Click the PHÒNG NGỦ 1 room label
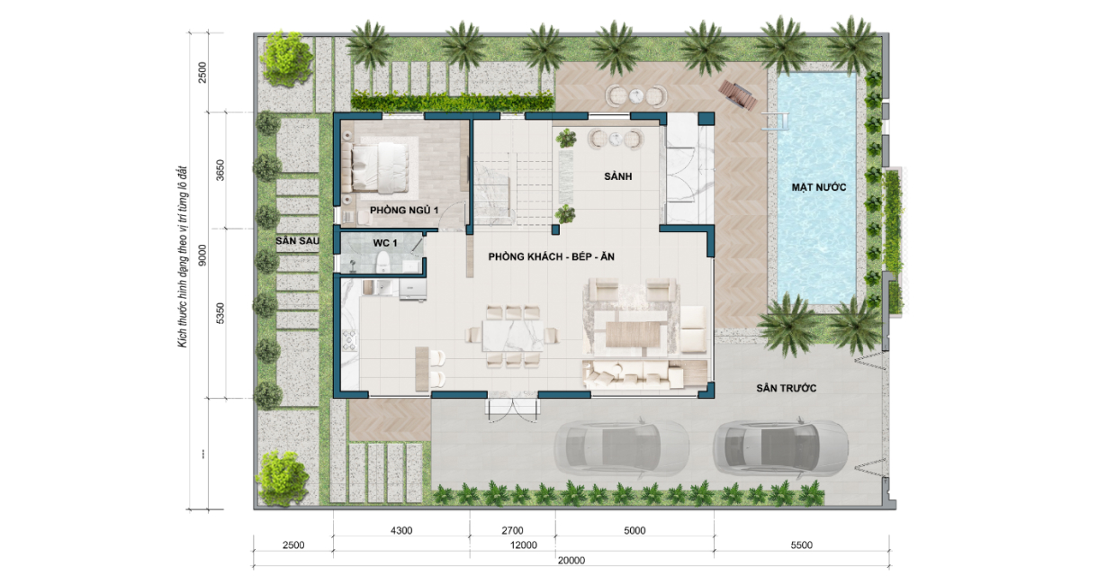(404, 211)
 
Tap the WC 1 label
(385, 243)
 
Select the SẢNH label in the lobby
(617, 176)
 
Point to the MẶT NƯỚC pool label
(819, 187)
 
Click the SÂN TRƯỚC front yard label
(787, 388)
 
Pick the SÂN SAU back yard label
(297, 240)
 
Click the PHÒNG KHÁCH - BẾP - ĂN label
(552, 256)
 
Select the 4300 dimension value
(401, 531)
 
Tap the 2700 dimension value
(512, 531)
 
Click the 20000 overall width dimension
(571, 561)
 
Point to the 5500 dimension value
(801, 545)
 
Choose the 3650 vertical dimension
(220, 170)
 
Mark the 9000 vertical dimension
(202, 255)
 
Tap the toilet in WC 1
(382, 262)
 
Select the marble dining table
(512, 336)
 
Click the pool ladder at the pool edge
(775, 121)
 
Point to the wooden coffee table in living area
(633, 335)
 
